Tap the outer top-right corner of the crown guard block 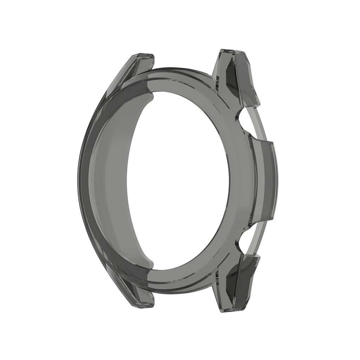pyautogui.click(x=272, y=142)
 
